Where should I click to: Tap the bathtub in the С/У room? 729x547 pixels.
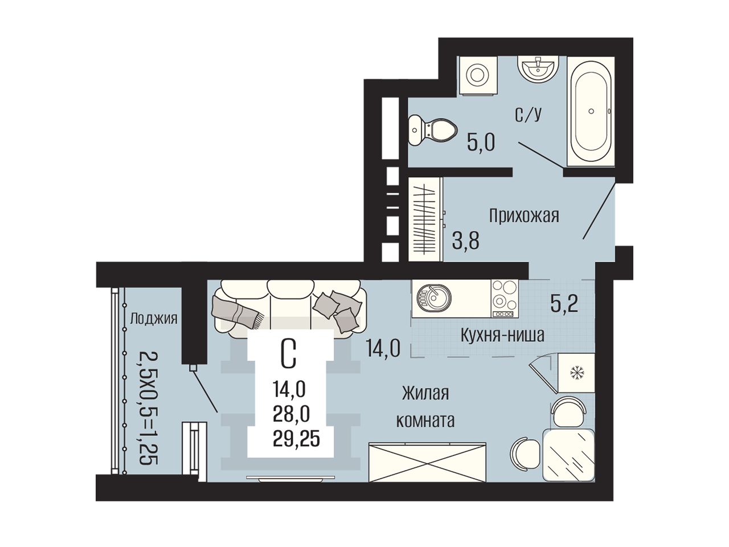coord(591,111)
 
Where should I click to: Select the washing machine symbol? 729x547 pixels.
coord(478,76)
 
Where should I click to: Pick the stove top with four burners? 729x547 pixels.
coord(505,299)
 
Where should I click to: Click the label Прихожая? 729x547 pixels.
coord(524,216)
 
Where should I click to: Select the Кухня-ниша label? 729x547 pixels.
coord(502,336)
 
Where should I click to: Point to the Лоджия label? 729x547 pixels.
coord(153,319)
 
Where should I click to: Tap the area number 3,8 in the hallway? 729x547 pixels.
coord(465,241)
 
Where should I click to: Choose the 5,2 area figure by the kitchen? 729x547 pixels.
coord(564,304)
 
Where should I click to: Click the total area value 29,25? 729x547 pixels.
coord(296,440)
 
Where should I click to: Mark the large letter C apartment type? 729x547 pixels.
coord(288,355)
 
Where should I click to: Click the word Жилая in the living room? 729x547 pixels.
coord(425,394)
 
